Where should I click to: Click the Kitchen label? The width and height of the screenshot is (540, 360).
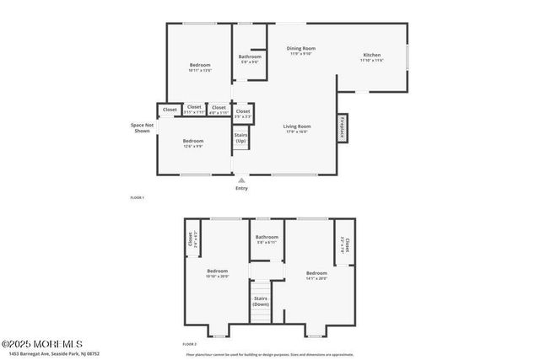[371, 57]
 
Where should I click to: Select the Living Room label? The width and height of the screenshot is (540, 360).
[297, 128]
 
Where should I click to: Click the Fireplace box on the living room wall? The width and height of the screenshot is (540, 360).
[342, 126]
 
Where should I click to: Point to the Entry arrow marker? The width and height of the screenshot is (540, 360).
[242, 180]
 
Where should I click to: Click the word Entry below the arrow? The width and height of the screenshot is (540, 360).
[242, 188]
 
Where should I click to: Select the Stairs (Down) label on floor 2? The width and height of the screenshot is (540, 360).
[261, 301]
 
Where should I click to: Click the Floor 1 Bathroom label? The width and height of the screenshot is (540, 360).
[251, 58]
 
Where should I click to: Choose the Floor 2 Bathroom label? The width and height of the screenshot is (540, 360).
[267, 239]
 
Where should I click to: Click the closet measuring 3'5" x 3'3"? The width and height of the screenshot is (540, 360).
[243, 112]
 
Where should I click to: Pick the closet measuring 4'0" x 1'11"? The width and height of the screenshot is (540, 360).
[219, 109]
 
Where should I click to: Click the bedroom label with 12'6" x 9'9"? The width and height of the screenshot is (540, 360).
[193, 142]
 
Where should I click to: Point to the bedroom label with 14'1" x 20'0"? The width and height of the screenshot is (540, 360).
[316, 275]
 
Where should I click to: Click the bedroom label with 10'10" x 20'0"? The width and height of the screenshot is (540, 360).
[218, 273]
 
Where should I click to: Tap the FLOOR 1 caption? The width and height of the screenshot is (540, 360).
[138, 197]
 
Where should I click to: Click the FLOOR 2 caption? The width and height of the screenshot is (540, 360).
[189, 345]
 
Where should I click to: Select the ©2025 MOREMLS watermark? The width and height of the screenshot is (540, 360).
[42, 344]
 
